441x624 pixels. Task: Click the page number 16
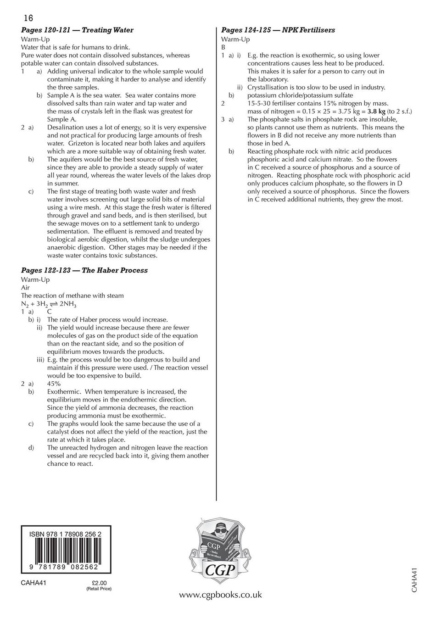pyautogui.click(x=28, y=18)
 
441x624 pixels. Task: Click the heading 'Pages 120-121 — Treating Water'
pyautogui.click(x=77, y=30)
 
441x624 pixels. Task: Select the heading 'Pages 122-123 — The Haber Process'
pyautogui.click(x=84, y=271)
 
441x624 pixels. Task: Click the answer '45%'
pyautogui.click(x=54, y=384)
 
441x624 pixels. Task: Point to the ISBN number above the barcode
pyautogui.click(x=65, y=535)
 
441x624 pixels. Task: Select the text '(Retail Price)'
pyautogui.click(x=99, y=589)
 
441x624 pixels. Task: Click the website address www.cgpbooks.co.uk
pyautogui.click(x=220, y=595)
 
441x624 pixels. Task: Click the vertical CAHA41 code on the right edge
pyautogui.click(x=414, y=580)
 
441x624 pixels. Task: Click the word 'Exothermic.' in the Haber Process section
pyautogui.click(x=64, y=392)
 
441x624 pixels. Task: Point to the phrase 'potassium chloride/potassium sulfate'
pyautogui.click(x=300, y=95)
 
